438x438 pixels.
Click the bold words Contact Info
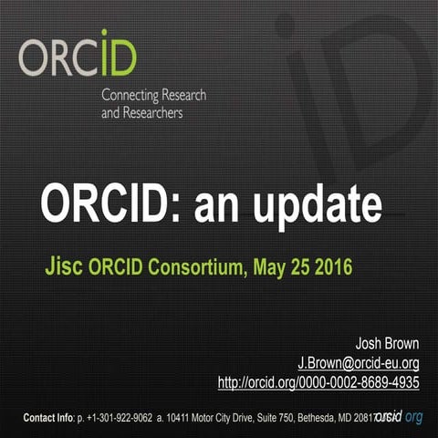48,418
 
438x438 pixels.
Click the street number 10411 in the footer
181,418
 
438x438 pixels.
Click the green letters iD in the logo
118,55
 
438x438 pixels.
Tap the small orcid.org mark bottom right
400,417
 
